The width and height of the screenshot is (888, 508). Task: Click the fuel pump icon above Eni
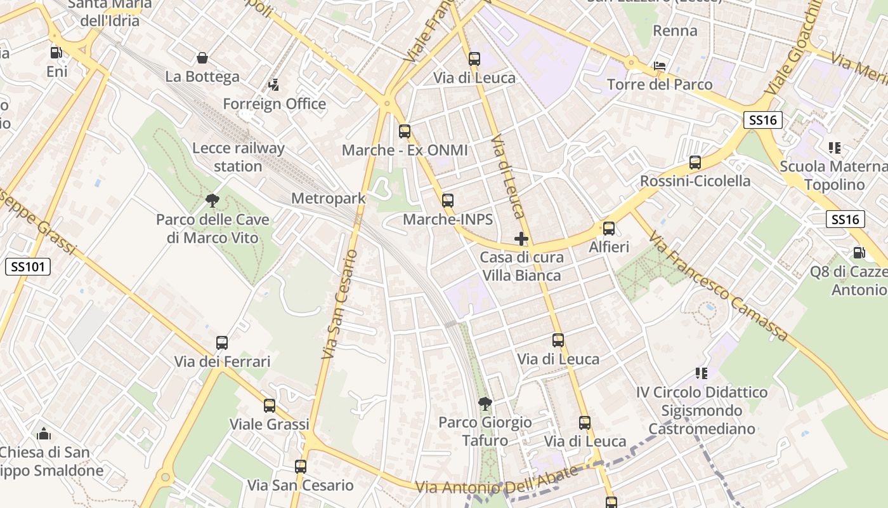(56, 53)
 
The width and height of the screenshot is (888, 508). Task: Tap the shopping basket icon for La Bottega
(202, 58)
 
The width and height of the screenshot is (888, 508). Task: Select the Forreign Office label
(274, 104)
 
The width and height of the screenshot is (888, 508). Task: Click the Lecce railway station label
(238, 157)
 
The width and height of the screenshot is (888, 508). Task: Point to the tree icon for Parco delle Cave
(212, 201)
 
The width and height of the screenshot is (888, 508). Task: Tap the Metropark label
(328, 198)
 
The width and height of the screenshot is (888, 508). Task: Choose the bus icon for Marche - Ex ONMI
(405, 131)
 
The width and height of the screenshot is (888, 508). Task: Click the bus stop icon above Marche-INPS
(448, 201)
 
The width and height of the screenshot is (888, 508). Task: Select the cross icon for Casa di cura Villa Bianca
(521, 239)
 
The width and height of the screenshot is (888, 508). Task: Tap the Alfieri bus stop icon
(609, 228)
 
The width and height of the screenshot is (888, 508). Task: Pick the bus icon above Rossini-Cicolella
(695, 162)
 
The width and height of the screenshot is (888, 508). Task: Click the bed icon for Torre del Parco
(660, 66)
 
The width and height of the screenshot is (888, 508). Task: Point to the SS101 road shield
(28, 267)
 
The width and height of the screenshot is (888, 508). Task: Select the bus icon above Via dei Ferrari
(222, 343)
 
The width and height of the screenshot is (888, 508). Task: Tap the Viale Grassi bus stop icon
(270, 405)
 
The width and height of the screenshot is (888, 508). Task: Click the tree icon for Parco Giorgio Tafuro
(485, 403)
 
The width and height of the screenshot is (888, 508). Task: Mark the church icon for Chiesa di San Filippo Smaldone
(44, 434)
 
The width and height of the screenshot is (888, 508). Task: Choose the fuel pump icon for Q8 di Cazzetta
(859, 253)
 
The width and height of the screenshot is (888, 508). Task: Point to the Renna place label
(675, 30)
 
